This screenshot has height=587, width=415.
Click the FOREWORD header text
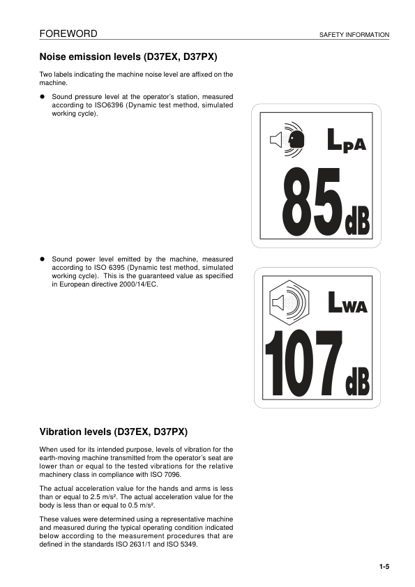coord(68,33)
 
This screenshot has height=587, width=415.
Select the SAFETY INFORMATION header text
coord(354,35)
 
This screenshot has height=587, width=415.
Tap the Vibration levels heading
coord(114,432)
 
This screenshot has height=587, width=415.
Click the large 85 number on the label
coord(311,203)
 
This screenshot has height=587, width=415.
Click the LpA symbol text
coord(347,141)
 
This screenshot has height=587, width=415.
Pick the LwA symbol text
coord(347,303)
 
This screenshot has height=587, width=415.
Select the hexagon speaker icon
coord(287,303)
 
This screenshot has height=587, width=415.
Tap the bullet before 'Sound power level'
coord(43,259)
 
